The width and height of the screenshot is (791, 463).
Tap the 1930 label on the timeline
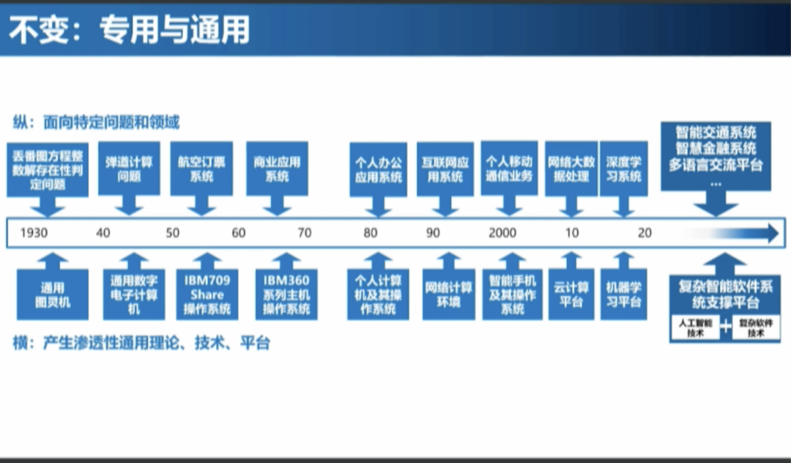(x=35, y=234)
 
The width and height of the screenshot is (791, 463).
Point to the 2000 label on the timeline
(x=502, y=234)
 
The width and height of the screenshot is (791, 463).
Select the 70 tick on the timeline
(x=304, y=234)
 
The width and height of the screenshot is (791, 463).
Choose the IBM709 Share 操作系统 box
(x=207, y=294)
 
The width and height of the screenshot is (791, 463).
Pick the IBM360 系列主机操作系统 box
(x=287, y=294)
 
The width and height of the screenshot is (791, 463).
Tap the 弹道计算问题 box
(x=129, y=169)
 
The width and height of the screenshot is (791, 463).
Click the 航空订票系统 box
(x=202, y=169)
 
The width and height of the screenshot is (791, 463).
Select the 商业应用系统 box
(x=277, y=169)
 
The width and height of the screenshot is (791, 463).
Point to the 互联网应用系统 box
(x=445, y=169)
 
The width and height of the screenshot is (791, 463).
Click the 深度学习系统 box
(x=623, y=169)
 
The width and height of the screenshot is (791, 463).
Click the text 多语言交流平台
(x=716, y=165)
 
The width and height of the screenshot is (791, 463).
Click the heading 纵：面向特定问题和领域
(x=96, y=122)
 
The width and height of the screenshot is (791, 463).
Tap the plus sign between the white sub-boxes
(x=725, y=327)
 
